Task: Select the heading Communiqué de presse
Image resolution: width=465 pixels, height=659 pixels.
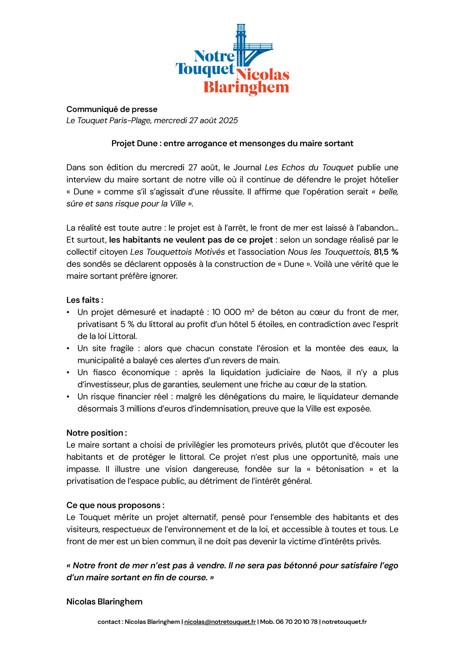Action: (112, 109)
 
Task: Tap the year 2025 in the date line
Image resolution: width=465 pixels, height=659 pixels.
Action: (228, 120)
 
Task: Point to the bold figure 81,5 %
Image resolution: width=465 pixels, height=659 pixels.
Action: (386, 252)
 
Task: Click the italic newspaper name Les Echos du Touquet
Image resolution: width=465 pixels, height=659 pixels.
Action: (309, 167)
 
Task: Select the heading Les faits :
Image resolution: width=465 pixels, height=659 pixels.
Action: (85, 300)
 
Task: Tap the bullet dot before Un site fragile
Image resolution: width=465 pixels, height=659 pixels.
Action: (68, 349)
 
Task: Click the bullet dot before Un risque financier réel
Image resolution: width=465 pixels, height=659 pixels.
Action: (68, 397)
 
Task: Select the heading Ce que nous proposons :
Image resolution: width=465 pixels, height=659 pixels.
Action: (115, 505)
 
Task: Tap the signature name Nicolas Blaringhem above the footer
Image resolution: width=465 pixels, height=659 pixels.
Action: (104, 602)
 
